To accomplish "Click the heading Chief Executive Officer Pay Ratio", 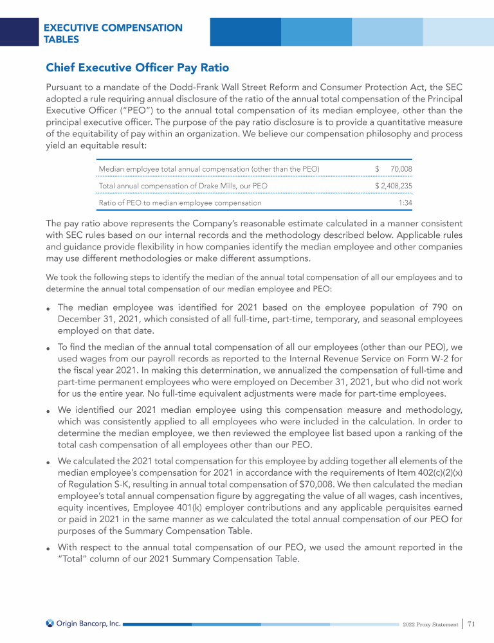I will tap(137, 68).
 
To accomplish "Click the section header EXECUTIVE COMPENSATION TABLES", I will tap(113, 33).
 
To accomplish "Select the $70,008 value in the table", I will tap(401, 169).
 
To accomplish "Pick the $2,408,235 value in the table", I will tap(393, 186).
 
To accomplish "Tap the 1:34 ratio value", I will tap(405, 203).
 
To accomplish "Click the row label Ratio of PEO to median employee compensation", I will tap(180, 203).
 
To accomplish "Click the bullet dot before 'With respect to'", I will tap(48, 548).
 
